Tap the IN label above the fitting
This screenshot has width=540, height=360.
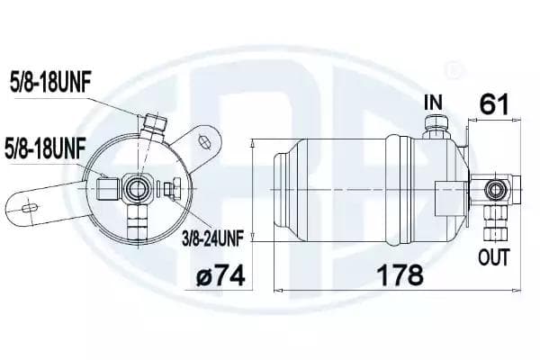433,103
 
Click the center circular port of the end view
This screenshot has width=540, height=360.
139,187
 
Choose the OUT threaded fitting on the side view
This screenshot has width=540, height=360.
493,219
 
